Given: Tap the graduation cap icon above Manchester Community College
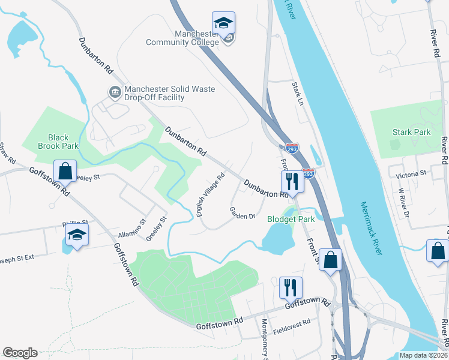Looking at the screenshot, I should pyautogui.click(x=223, y=23).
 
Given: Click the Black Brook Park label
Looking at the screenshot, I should pyautogui.click(x=58, y=142).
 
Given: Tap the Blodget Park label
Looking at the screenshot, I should pyautogui.click(x=291, y=220).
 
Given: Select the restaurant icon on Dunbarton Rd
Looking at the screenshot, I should pyautogui.click(x=292, y=181).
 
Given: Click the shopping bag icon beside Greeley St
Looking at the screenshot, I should pyautogui.click(x=65, y=170).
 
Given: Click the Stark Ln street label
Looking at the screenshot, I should pyautogui.click(x=297, y=92).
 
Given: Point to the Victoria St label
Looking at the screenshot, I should pyautogui.click(x=411, y=173).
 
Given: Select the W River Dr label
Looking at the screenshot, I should pyautogui.click(x=403, y=205).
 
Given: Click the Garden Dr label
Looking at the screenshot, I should pyautogui.click(x=243, y=212).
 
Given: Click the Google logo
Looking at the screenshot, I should pyautogui.click(x=20, y=353).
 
